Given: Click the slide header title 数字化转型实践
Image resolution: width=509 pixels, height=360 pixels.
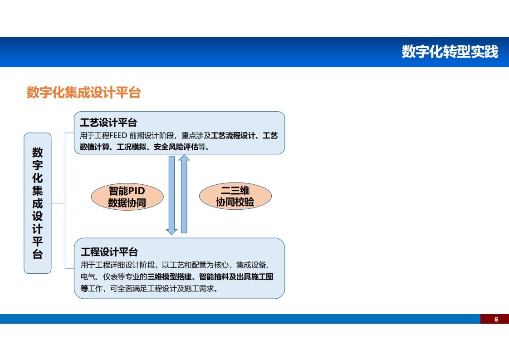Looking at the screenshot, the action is (x=450, y=52).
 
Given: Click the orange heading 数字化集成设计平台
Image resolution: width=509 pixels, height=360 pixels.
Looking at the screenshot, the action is (x=84, y=93).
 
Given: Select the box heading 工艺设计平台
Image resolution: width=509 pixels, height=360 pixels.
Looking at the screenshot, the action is (x=108, y=123).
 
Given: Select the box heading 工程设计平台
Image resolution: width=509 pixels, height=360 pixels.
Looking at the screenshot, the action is (x=109, y=252).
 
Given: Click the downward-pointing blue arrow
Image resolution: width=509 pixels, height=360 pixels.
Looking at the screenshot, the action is (x=172, y=195).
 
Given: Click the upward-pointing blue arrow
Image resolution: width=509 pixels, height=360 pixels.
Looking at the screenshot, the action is (x=184, y=194).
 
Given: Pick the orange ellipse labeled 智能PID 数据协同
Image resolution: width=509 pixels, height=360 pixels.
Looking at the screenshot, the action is (x=127, y=197).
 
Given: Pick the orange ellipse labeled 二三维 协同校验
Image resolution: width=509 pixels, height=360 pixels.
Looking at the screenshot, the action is (x=235, y=196).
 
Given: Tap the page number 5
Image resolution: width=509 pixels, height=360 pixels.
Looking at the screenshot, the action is (x=496, y=320).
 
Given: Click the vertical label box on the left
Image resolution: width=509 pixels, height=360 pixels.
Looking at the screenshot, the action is (x=38, y=203).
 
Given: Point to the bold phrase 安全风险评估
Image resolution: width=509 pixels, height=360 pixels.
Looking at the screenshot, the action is (x=176, y=147).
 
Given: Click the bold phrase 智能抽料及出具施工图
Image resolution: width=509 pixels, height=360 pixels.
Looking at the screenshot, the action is (x=236, y=276).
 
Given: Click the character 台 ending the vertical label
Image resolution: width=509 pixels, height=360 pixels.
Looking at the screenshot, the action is (x=38, y=254).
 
